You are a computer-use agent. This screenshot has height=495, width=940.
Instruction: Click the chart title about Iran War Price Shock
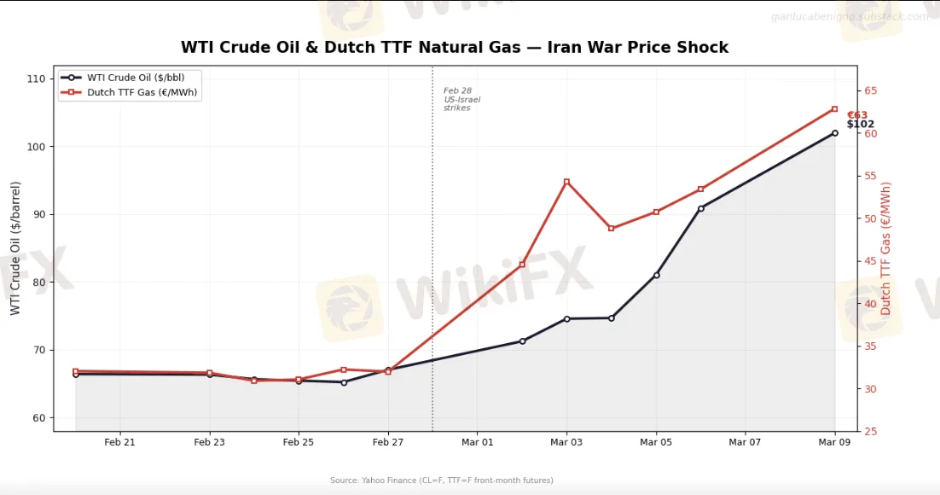coord(455,48)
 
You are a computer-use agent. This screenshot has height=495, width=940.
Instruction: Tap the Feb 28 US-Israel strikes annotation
coord(461,100)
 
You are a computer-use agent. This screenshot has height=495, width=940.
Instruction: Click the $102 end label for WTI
coord(860,125)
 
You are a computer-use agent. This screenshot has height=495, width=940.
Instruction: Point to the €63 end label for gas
coord(856,115)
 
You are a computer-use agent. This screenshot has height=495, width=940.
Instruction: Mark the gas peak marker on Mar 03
coord(566,182)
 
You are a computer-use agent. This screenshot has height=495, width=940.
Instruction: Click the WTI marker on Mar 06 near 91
coord(701,208)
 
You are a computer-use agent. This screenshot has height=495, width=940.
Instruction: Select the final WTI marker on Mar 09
coord(834,133)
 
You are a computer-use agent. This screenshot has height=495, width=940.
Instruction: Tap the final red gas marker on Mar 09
coord(834,109)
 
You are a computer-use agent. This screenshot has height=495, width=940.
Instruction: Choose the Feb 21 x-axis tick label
coord(119,442)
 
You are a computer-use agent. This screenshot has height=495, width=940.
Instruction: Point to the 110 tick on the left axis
coord(35,79)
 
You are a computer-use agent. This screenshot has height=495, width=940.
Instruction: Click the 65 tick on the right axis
coord(871,91)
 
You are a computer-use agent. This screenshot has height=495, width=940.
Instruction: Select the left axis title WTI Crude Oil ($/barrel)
coord(15,247)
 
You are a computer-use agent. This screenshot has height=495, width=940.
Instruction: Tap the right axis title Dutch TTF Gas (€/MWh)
coord(886,247)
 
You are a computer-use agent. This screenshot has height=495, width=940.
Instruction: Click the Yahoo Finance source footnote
coord(441,480)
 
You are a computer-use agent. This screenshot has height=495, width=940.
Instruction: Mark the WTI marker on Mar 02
coord(522,341)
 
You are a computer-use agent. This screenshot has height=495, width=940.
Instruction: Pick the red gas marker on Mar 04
coord(611,228)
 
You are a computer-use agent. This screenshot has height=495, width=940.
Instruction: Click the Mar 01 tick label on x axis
coord(477,442)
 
